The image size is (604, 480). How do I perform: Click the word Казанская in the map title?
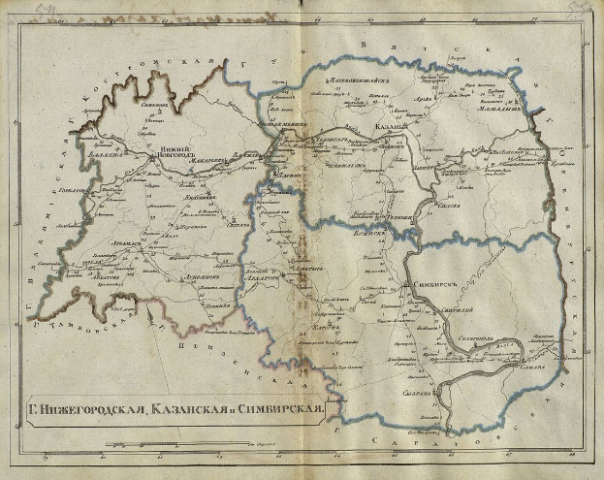(198, 408)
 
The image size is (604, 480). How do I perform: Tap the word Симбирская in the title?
(280, 407)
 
